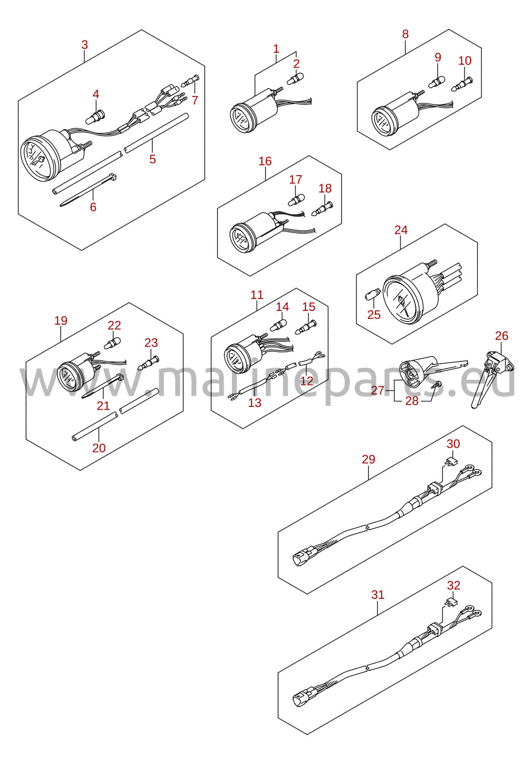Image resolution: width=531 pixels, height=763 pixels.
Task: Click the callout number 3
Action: point(84,45)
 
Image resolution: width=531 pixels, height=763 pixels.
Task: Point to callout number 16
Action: point(265,161)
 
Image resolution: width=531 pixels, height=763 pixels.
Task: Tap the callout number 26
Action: point(502,336)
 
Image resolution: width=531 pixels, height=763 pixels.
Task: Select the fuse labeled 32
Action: point(451,603)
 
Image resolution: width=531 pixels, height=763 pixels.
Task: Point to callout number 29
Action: point(368,459)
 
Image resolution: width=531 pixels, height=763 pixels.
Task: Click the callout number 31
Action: point(378,595)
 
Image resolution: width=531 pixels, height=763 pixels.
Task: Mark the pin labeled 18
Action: point(322,208)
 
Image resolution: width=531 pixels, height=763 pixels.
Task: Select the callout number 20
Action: point(99,448)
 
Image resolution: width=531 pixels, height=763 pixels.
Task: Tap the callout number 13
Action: point(254,403)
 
